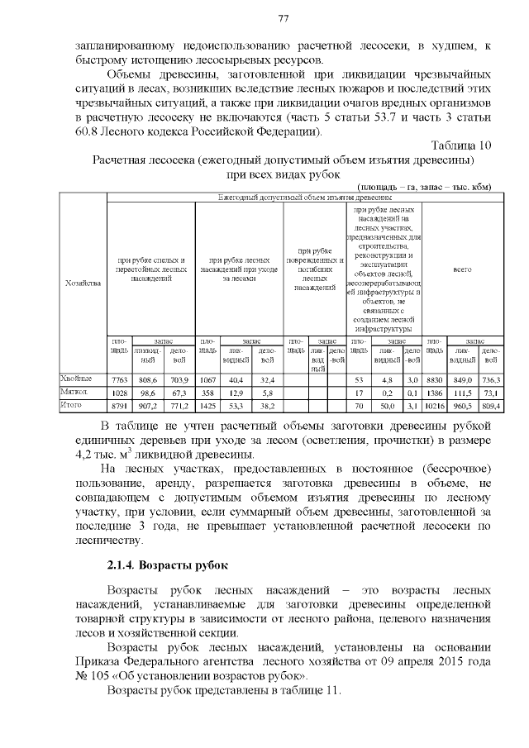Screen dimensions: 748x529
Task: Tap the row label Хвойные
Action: [76, 379]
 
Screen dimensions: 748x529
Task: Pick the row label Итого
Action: [72, 406]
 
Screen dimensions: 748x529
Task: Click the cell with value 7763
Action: [119, 379]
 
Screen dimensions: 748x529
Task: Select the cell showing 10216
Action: [435, 407]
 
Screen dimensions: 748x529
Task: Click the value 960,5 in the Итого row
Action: [463, 407]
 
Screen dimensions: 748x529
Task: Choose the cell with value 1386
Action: [436, 393]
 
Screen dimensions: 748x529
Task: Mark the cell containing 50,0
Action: [386, 407]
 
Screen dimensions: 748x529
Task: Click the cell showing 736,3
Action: [492, 379]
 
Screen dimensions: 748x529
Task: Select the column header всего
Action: [462, 269]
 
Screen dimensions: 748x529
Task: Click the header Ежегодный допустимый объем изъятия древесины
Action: [304, 198]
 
